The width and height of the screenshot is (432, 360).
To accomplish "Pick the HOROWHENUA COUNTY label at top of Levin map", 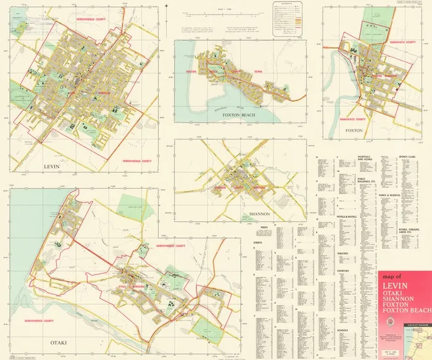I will tap(92, 19).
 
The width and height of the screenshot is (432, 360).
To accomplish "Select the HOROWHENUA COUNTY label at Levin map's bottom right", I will tap(133, 160).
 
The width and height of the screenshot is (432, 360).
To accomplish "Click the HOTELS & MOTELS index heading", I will tap(347, 219).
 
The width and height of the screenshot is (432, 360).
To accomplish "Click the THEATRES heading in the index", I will tap(344, 253).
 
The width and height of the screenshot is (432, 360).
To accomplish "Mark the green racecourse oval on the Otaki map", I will tap(203, 325).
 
